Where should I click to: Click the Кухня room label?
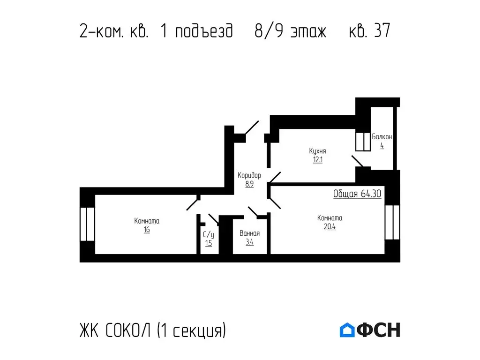click(317, 151)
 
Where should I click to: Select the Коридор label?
click(249, 175)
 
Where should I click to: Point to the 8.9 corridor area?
click(249, 184)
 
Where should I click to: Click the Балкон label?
click(382, 137)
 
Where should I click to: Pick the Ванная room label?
click(249, 233)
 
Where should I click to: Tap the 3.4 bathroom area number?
click(249, 242)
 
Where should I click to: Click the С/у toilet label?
click(209, 234)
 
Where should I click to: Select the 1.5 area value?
click(209, 243)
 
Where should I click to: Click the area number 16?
click(147, 230)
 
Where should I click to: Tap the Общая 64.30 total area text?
click(357, 194)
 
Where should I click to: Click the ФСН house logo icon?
click(347, 330)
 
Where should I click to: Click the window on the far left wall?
click(87, 224)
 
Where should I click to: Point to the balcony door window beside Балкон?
click(363, 142)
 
